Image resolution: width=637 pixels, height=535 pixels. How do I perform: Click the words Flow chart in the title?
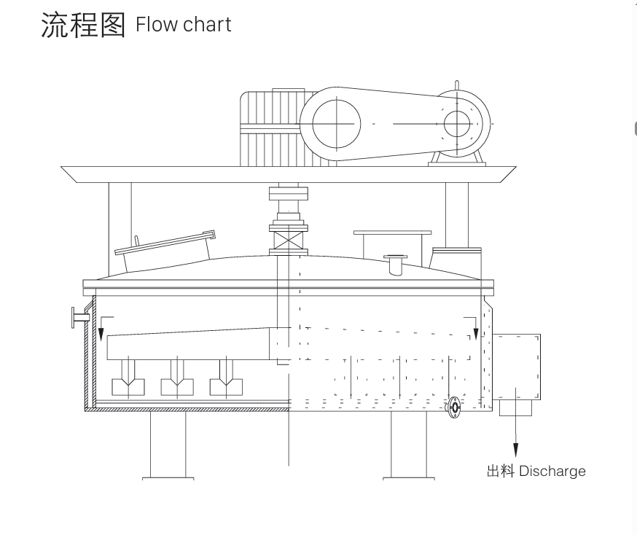coord(184,25)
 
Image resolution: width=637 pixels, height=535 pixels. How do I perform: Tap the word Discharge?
coord(552,471)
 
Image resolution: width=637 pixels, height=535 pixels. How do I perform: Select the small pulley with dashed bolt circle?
coord(458,124)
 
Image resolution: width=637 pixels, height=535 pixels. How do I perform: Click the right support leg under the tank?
coord(409,445)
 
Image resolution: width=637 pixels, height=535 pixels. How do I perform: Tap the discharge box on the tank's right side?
coord(517,367)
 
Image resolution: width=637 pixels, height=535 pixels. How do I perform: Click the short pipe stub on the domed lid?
coord(395,265)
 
